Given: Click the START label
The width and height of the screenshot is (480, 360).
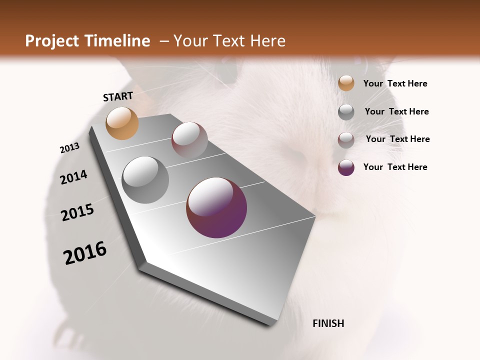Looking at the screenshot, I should point(118,96).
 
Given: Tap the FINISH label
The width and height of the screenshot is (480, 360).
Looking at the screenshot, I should point(328,323).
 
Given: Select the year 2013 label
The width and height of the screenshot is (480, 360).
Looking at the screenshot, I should point(69,148).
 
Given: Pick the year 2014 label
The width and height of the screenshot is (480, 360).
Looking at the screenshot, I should point(73,177).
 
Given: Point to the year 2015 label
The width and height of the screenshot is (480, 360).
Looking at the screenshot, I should point(77,212).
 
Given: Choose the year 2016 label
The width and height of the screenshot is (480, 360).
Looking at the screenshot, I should point(85,253).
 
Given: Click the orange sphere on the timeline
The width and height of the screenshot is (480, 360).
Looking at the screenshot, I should point(122,123).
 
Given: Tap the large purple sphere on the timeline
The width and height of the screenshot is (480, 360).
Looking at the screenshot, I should point(216,207).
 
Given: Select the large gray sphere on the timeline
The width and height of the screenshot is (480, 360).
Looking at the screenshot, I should point(145,179).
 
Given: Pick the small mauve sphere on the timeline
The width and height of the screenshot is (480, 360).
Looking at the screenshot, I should point(189,140).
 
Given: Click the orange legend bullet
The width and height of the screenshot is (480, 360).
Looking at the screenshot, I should point(346,83).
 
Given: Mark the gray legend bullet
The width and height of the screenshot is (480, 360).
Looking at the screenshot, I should point(346,112).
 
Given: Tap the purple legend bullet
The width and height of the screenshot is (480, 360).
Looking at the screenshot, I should point(346,167).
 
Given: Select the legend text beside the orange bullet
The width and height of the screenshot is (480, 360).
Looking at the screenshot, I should point(395,83).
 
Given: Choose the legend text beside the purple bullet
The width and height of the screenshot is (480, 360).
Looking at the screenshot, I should point(395,167).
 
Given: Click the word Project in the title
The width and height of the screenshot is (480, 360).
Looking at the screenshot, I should point(51,41).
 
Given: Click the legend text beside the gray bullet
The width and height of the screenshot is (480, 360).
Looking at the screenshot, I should point(396,111).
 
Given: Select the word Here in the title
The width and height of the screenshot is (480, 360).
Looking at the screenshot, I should point(267,41).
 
